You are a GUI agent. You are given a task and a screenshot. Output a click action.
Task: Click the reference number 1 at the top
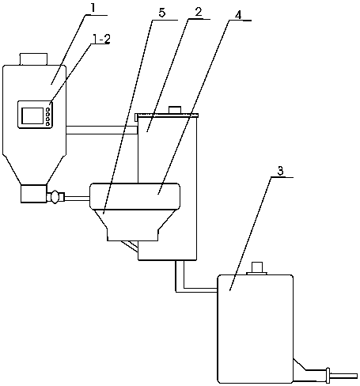coord(93,9)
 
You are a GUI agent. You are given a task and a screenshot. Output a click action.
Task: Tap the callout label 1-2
coord(100,39)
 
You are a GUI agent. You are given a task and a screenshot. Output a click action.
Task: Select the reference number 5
coord(161,13)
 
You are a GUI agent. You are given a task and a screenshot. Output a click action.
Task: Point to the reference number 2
coord(198,13)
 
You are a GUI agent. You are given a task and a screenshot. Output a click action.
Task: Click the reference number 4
coord(238,15)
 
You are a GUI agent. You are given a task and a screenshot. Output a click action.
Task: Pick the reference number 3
coord(280,171)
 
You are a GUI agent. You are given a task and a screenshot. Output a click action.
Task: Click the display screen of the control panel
coord(32,115)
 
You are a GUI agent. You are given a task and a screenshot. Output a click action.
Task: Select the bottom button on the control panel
coord(47,123)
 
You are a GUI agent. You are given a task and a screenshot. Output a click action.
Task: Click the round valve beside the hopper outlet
coord(55,197)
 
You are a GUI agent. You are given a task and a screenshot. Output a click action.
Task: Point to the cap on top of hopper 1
coord(34,59)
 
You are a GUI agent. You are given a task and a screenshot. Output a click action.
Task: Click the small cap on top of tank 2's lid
coord(175,110)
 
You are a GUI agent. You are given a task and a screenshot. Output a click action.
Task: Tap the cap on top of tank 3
coord(257,268)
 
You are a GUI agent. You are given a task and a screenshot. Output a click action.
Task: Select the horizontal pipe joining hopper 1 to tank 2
coord(102,130)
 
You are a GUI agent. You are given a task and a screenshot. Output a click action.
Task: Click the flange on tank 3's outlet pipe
coord(328,375)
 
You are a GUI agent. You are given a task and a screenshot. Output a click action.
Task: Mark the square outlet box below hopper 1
coord(34,194)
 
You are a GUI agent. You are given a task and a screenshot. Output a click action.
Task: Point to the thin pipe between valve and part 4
coord(77,198)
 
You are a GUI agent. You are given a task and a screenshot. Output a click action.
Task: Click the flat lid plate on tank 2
coord(167,115)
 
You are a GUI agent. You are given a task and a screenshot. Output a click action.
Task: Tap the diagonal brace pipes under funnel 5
coord(129,246)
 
